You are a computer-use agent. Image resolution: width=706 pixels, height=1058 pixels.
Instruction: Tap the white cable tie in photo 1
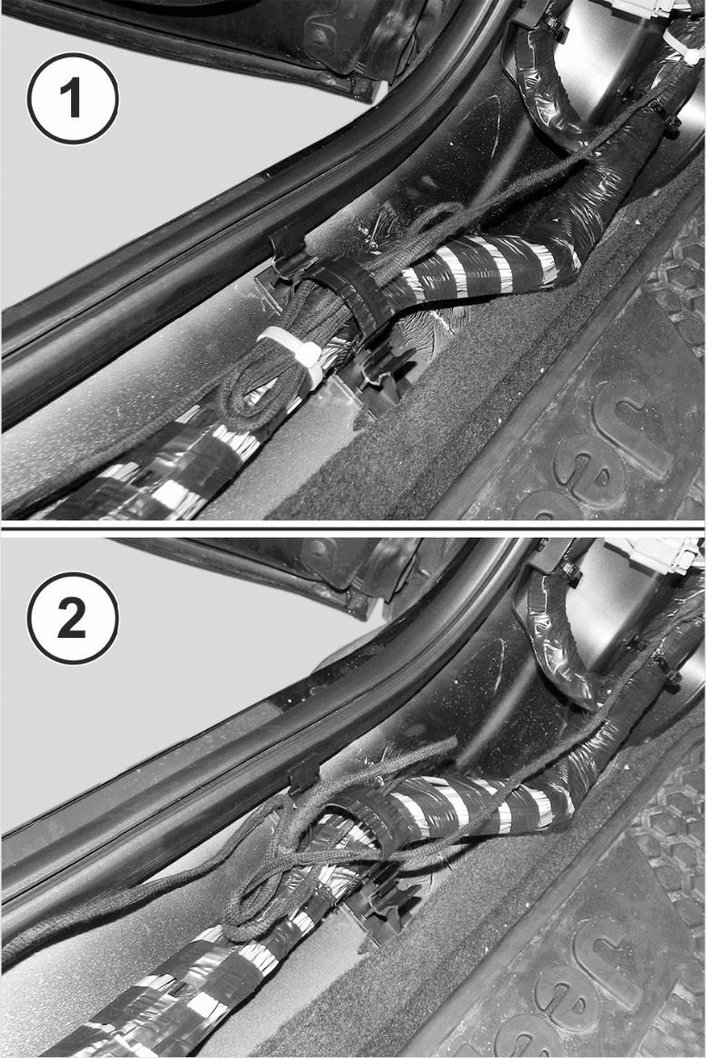pyautogui.click(x=294, y=354)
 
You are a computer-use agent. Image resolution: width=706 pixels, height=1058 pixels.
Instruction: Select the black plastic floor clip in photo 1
pyautogui.click(x=383, y=383)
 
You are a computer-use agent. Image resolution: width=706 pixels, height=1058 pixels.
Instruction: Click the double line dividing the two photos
pyautogui.click(x=353, y=527)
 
